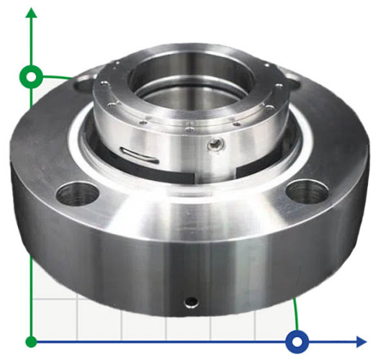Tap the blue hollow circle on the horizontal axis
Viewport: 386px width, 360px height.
[x=297, y=341]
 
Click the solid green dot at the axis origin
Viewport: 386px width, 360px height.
[x=31, y=341]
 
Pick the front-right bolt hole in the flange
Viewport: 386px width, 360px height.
[x=305, y=192]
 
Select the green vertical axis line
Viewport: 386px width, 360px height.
[x=31, y=216]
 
